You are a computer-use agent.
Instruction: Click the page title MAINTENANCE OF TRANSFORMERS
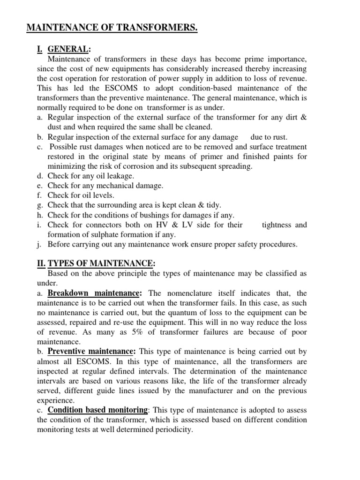(x=112, y=29)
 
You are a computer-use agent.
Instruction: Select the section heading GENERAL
(x=69, y=50)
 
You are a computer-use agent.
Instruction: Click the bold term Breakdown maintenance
(x=94, y=293)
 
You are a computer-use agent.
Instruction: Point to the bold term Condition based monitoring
(x=98, y=409)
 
